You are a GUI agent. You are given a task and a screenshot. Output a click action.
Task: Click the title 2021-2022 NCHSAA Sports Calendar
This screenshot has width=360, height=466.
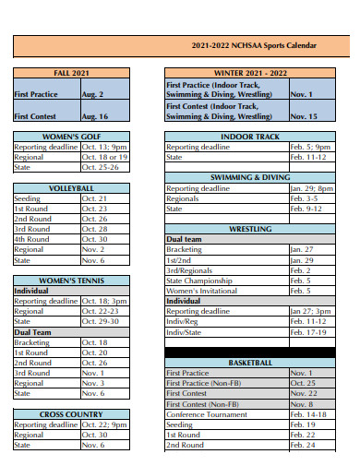click(254, 45)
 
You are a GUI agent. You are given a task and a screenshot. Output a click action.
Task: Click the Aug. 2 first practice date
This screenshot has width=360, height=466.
click(92, 94)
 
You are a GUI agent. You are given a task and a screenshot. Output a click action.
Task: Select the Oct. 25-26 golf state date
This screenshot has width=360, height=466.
click(100, 167)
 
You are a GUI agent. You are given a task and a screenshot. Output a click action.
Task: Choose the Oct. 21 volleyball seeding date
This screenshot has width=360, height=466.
click(95, 197)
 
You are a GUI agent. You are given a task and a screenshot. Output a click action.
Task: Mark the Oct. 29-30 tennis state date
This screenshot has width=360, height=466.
click(100, 321)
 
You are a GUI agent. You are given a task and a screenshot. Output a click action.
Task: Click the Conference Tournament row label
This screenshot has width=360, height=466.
click(206, 414)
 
